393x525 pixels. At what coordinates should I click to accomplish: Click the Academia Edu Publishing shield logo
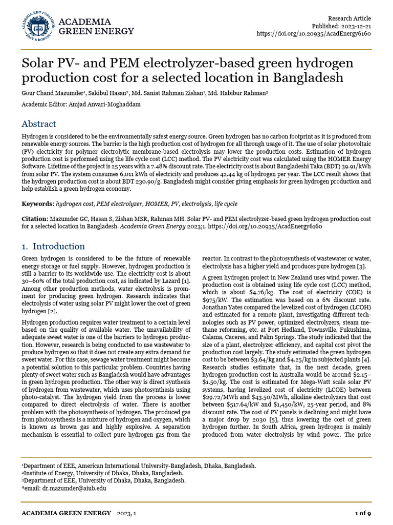click(x=38, y=26)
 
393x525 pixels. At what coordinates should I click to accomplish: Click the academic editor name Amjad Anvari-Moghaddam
click(x=115, y=104)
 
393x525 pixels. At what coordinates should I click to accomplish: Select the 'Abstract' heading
click(x=39, y=124)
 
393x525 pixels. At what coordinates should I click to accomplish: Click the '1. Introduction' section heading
click(x=53, y=246)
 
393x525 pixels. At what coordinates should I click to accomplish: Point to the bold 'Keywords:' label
click(x=38, y=204)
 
